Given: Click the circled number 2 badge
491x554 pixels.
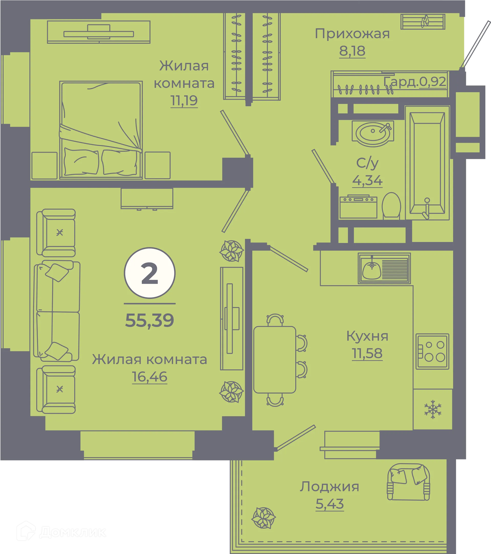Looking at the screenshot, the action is (x=150, y=273).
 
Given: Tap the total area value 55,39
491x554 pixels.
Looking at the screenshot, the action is (x=150, y=320).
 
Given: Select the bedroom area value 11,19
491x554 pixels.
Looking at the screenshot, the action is (x=184, y=101).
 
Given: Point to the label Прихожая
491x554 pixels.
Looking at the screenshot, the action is (x=352, y=34).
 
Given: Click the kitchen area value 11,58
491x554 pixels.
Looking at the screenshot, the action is (x=367, y=353).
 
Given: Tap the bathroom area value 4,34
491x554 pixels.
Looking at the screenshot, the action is (x=367, y=181).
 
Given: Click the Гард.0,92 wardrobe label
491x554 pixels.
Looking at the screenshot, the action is (x=415, y=81).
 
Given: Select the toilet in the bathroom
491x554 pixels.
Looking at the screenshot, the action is (x=391, y=205).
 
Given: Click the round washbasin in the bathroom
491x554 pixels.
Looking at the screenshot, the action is (x=373, y=133).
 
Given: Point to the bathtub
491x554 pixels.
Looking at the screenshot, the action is (x=427, y=163).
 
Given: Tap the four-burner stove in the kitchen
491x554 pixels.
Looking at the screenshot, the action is (x=432, y=351).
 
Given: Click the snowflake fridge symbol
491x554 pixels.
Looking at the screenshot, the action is (x=433, y=409).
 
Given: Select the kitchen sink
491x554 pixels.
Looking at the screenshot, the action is (x=384, y=268).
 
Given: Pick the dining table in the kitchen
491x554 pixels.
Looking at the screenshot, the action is (x=275, y=360).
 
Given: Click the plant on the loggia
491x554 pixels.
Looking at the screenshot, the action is (x=263, y=518).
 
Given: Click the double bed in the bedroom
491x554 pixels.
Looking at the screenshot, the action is (x=101, y=130).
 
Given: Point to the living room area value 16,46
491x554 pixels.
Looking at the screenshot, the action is (x=150, y=377).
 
